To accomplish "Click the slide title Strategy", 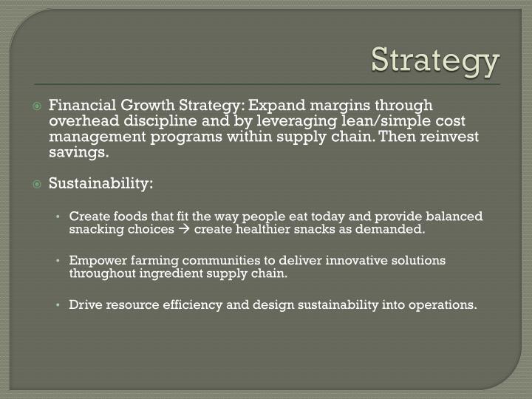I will tap(435, 61).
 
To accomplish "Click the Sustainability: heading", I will tap(100, 183).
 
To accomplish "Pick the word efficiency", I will tap(186, 304).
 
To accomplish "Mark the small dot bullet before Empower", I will tap(58, 261).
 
